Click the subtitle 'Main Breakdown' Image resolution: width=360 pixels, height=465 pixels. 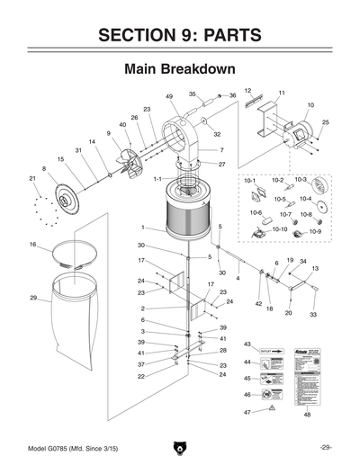[x=180, y=69]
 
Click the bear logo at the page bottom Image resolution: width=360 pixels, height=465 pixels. [x=180, y=448]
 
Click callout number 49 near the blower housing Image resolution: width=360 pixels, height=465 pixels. [x=169, y=96]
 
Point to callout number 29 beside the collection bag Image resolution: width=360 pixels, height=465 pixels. [x=33, y=298]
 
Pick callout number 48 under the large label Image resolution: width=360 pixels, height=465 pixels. [x=307, y=415]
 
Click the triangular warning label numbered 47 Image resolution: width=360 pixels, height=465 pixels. [x=271, y=409]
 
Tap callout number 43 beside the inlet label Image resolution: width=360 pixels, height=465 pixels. [x=247, y=344]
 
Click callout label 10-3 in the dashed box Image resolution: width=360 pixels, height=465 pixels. [x=301, y=181]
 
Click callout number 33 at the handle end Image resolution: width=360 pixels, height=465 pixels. [x=312, y=315]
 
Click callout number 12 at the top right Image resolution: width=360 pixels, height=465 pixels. [x=247, y=91]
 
